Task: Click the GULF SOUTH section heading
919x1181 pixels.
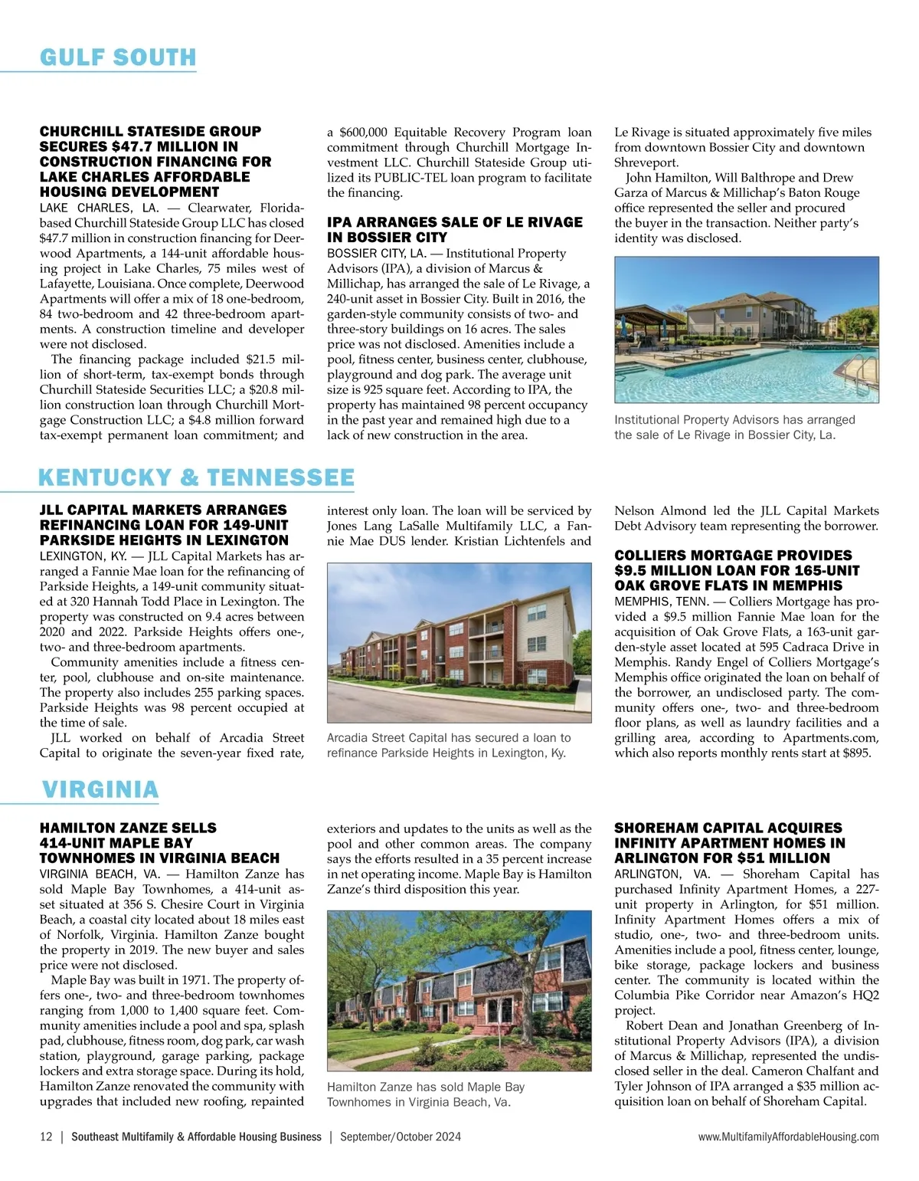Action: [118, 57]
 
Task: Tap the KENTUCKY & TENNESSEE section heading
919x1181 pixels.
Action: [196, 477]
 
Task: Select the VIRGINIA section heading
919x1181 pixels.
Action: [100, 789]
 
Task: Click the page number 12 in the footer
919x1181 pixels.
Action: [46, 1137]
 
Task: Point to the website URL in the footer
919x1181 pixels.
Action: [788, 1137]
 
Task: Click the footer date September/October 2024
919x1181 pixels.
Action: [401, 1137]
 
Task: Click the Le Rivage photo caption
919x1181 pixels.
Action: [734, 427]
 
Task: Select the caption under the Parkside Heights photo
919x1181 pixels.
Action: [448, 745]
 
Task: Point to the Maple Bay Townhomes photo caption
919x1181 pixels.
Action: [426, 1094]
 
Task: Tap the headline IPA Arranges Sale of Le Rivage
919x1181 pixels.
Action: [455, 229]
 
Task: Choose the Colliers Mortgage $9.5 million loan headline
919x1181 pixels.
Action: [737, 570]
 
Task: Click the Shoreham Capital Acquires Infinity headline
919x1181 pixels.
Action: [730, 843]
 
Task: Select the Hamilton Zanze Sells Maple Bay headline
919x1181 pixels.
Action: [159, 843]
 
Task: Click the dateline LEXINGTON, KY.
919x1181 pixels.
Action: [83, 556]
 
